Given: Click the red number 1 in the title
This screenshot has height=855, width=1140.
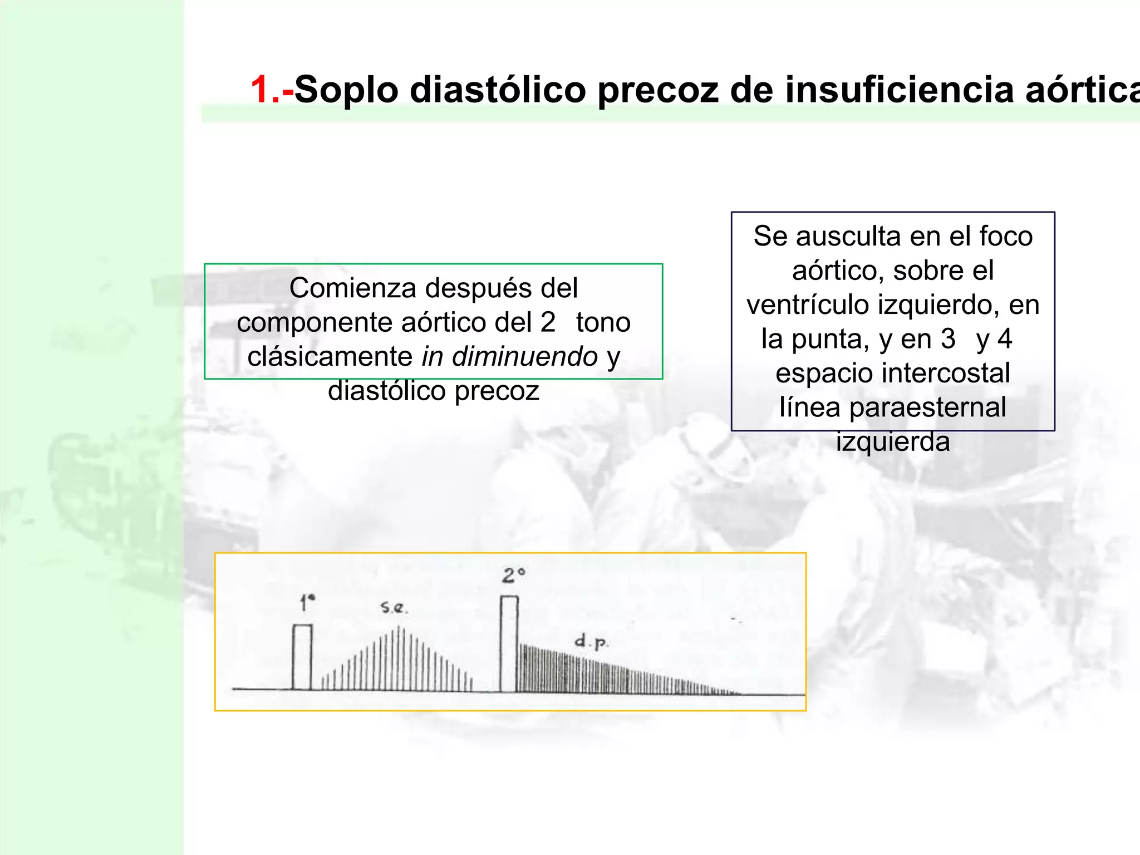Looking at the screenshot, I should click(x=260, y=90).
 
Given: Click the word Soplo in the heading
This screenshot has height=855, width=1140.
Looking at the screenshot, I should click(x=346, y=90).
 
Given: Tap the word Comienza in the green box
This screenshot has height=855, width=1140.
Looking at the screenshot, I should click(x=352, y=288).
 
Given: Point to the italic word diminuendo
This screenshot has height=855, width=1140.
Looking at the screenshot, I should click(x=524, y=357).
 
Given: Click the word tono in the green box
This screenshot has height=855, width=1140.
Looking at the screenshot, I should click(x=603, y=323).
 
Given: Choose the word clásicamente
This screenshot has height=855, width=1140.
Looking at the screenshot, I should click(x=330, y=357).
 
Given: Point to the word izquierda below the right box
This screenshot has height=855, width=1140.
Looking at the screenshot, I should click(x=893, y=442).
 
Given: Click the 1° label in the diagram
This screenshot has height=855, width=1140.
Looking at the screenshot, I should click(x=307, y=602).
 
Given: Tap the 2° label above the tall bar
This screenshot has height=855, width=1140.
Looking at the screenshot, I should click(x=513, y=575).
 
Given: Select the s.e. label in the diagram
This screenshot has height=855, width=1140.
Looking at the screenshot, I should click(x=394, y=607).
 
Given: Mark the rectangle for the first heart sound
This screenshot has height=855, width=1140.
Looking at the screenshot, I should click(x=302, y=657).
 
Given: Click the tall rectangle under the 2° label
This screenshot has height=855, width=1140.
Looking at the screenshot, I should click(x=509, y=644).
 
